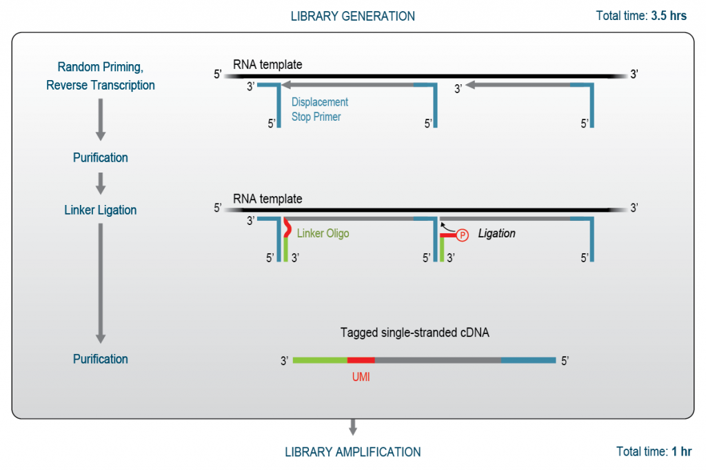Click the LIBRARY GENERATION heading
352,16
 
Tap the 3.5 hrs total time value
669,16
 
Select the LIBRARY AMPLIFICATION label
352,452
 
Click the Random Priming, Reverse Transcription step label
101,77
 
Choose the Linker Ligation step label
101,210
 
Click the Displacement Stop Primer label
319,109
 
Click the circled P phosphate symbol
463,235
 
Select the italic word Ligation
496,233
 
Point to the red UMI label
360,378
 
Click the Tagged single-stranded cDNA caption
423,332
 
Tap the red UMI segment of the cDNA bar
361,360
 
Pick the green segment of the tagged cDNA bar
320,360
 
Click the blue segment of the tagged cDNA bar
528,360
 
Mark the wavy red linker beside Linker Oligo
287,228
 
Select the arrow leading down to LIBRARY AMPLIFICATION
352,427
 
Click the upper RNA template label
268,65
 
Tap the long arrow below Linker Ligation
101,283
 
